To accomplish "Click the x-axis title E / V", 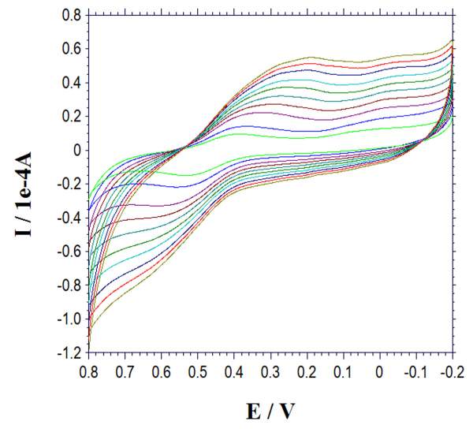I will pos(270,410).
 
